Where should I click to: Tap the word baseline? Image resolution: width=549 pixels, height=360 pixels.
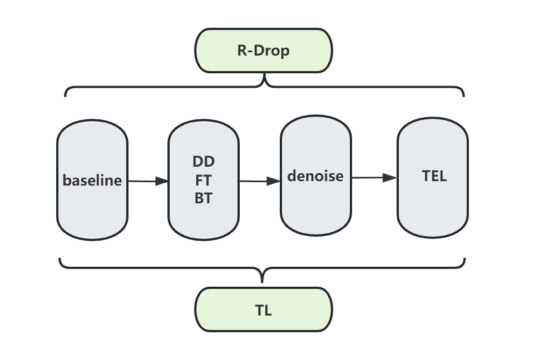click(92, 181)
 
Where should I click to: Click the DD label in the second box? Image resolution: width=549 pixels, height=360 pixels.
click(204, 162)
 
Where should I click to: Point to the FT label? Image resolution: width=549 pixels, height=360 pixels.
click(204, 180)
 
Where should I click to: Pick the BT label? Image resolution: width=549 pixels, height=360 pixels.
click(204, 198)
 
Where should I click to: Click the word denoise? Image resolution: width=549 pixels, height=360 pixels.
click(315, 176)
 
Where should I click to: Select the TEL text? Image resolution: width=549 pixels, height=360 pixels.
click(434, 176)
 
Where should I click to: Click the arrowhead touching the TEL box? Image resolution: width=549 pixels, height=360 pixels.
click(390, 178)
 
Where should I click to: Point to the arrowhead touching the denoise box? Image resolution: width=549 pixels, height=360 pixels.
click(274, 181)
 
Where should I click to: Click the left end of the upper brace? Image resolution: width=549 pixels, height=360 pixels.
click(66, 95)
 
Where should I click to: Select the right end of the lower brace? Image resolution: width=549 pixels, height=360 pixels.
click(464, 259)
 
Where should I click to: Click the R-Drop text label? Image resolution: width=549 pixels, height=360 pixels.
click(264, 51)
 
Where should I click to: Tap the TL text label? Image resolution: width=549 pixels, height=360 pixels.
click(264, 310)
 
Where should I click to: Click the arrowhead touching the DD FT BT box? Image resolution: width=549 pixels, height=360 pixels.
click(162, 181)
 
